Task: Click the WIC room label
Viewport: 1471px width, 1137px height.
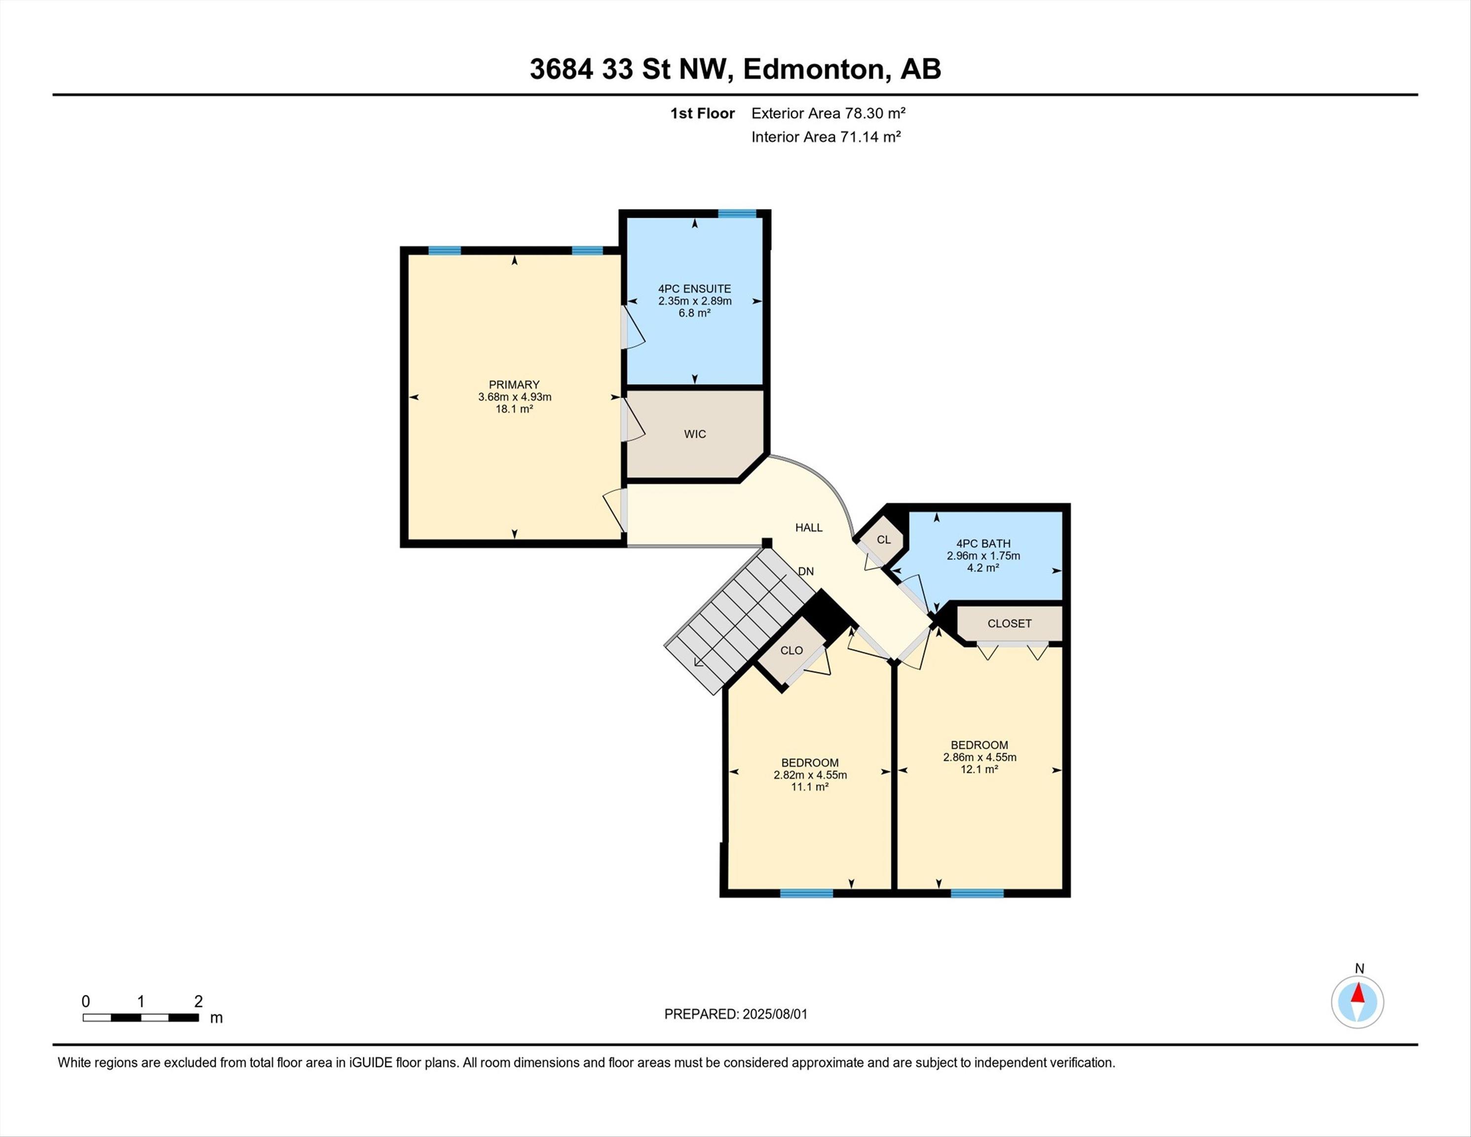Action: (x=695, y=434)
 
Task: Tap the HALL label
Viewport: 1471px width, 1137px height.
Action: (x=809, y=528)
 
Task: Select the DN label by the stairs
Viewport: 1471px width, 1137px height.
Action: (x=805, y=571)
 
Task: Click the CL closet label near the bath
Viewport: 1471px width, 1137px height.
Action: (x=884, y=539)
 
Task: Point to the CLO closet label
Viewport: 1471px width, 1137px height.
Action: (x=792, y=650)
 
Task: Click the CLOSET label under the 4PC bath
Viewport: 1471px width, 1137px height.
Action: (x=1010, y=624)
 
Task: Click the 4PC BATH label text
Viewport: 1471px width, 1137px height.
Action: (x=983, y=543)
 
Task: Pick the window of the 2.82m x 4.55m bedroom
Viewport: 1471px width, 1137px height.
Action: (x=806, y=893)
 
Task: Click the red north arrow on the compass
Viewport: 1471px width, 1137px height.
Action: (x=1358, y=993)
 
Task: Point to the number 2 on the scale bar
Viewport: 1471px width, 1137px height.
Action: (x=198, y=1002)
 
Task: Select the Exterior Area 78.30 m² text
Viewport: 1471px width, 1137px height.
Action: (x=829, y=113)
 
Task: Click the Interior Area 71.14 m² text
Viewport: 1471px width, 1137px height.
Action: (x=827, y=137)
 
